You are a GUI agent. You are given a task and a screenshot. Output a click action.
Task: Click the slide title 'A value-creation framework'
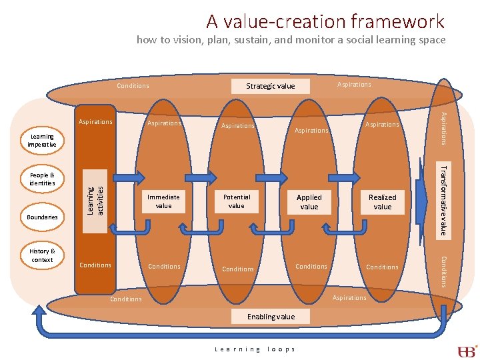coord(325,21)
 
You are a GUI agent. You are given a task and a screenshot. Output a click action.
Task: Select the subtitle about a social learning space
coord(291,40)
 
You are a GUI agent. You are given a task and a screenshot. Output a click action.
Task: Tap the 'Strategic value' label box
coord(270,86)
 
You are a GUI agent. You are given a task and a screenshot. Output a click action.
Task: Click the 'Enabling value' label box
coord(271,317)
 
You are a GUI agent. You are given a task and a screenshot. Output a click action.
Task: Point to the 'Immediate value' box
coord(163,201)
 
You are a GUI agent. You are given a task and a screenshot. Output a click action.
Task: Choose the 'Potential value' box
coord(237,201)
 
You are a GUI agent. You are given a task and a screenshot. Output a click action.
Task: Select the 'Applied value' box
coord(309,202)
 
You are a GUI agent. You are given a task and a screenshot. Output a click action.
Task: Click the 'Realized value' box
coord(383,202)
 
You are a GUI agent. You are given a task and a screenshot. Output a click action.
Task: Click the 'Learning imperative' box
coord(42,141)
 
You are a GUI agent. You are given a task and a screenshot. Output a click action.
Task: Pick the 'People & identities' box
coord(42,179)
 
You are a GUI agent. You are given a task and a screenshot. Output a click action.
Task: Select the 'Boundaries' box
coord(42,217)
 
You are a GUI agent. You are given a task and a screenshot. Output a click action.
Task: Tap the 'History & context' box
coord(42,255)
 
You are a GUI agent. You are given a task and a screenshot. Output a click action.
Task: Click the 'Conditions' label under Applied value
coord(311,267)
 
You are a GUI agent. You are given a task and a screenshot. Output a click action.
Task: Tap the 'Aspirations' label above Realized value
coord(383,125)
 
